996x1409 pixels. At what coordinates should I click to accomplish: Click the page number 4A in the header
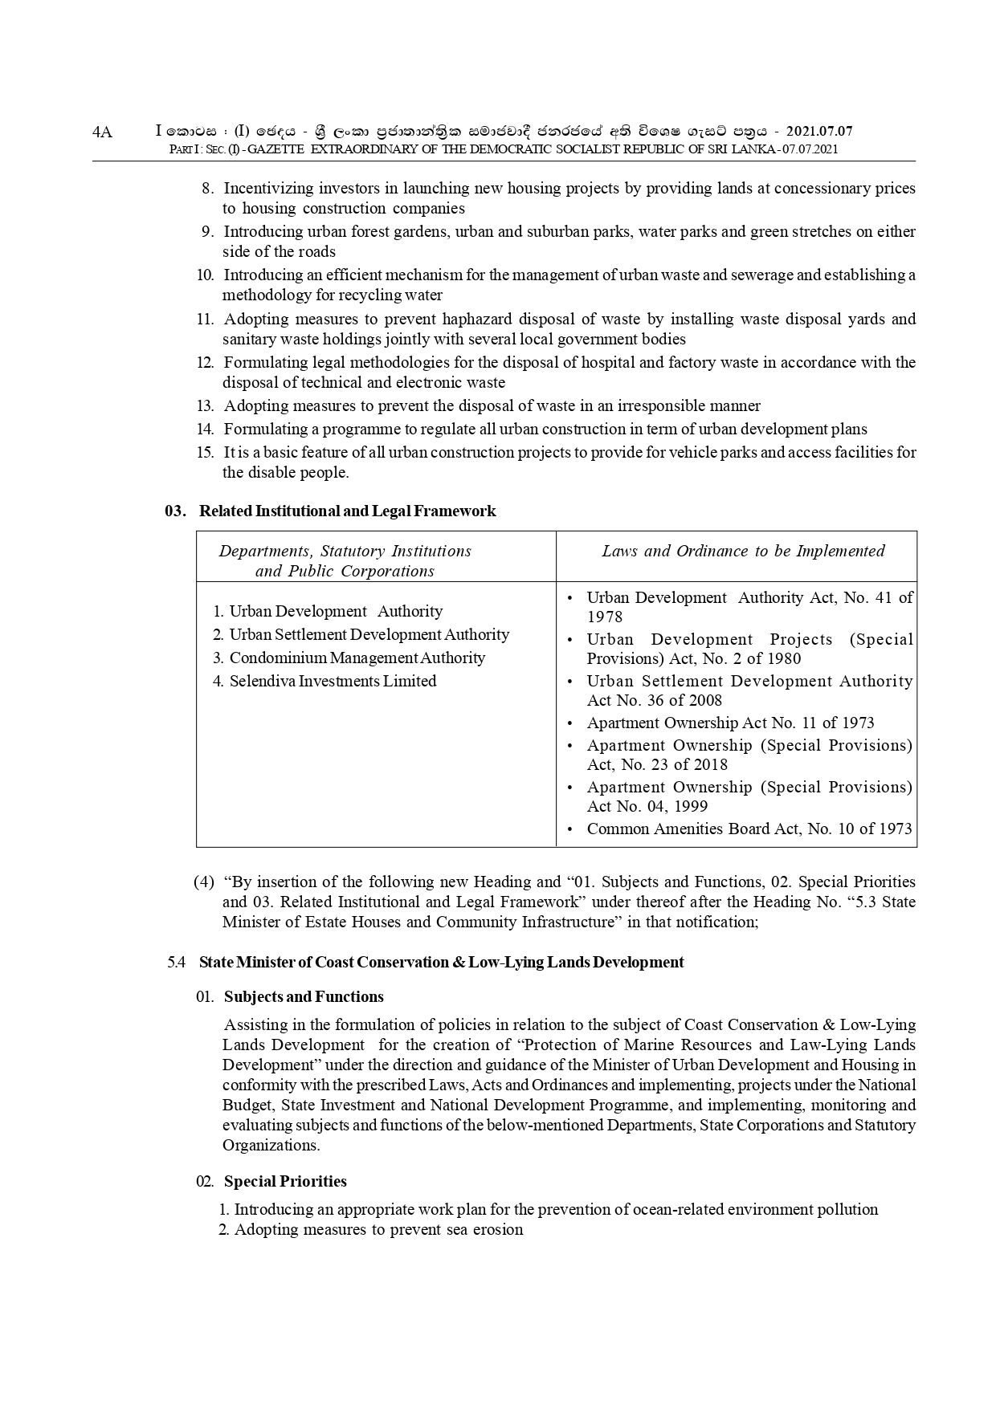point(103,132)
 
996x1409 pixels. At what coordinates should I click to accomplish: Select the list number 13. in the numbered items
point(205,406)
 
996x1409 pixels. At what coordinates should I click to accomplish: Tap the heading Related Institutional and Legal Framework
point(347,511)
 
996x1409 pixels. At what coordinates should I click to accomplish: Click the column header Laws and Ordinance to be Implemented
point(743,551)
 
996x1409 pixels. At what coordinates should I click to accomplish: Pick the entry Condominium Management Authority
point(357,658)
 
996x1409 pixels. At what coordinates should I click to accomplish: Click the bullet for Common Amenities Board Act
point(569,829)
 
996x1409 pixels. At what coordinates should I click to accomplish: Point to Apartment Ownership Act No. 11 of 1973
point(730,723)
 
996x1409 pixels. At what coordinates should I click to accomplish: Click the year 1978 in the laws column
point(604,617)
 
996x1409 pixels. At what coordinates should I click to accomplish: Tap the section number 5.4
point(177,963)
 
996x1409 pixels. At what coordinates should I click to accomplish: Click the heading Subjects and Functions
point(304,997)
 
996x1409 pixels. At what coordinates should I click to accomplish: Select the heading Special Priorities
point(285,1182)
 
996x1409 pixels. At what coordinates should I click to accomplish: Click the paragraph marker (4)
point(203,882)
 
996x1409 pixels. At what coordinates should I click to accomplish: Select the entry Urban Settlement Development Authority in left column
point(369,635)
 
